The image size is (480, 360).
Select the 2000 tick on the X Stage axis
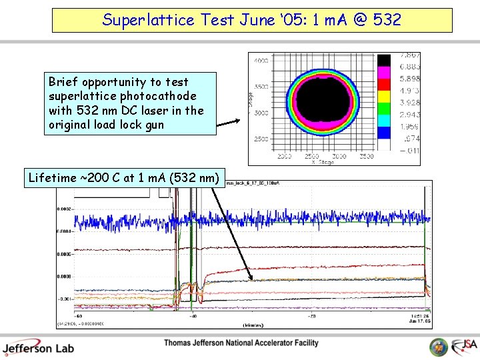(x=286, y=156)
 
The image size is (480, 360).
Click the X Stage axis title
(x=322, y=162)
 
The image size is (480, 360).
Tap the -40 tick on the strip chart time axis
(x=192, y=316)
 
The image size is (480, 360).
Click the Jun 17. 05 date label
(x=419, y=321)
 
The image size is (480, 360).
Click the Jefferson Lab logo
(x=38, y=347)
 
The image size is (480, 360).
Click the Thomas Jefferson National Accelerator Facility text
(x=241, y=343)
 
